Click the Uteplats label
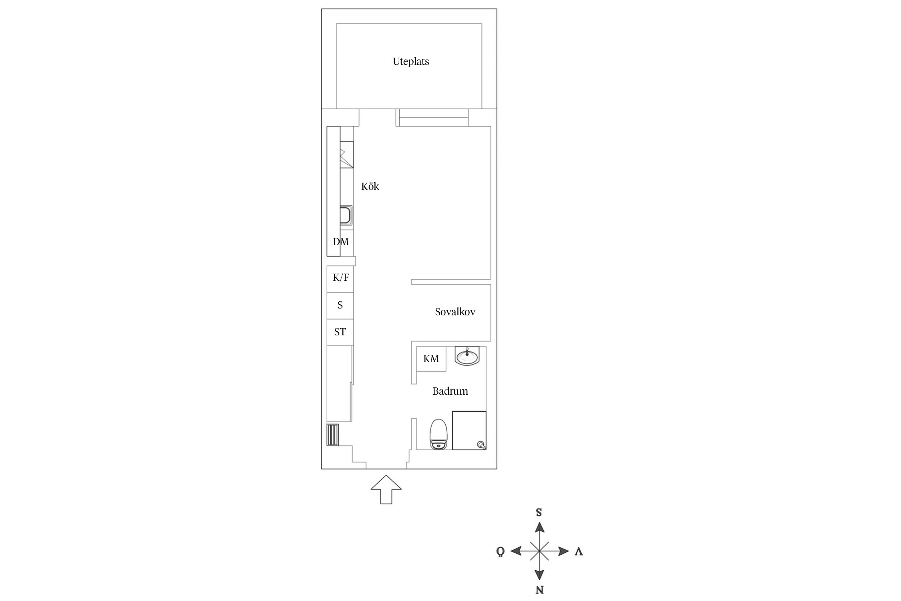tap(410, 62)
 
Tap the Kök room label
tap(370, 186)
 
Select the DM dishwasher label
tap(341, 242)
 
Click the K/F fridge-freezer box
tap(340, 279)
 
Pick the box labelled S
tap(340, 306)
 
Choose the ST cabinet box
tap(340, 332)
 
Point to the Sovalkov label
tap(455, 312)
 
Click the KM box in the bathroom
tap(431, 359)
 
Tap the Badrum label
tap(450, 391)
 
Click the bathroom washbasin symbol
tap(467, 356)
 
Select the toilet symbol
tap(438, 434)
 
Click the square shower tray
tap(469, 430)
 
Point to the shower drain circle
tap(481, 444)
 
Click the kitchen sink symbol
tap(346, 215)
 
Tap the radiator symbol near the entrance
tap(333, 435)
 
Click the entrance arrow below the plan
tap(386, 490)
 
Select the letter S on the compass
tap(539, 512)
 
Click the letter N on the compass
tap(539, 590)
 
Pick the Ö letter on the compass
tap(501, 551)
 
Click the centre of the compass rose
tap(539, 551)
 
